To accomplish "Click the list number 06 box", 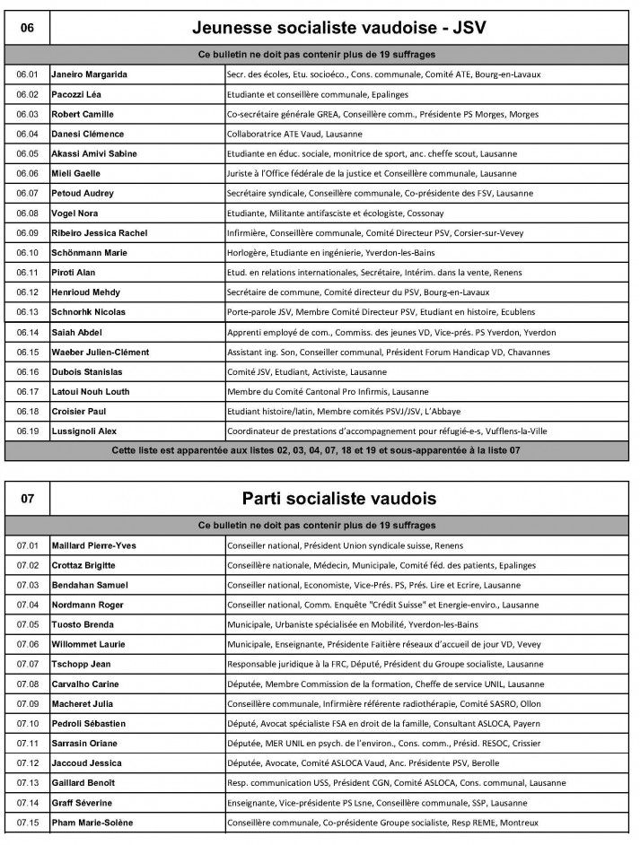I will click(x=27, y=28).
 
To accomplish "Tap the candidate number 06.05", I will click(x=27, y=153).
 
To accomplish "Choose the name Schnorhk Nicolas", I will click(x=88, y=312).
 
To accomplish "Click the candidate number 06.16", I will click(x=27, y=371).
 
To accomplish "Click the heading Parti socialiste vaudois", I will click(x=338, y=498).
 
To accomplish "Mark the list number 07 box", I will click(x=27, y=498).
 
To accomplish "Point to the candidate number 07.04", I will click(x=27, y=605).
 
